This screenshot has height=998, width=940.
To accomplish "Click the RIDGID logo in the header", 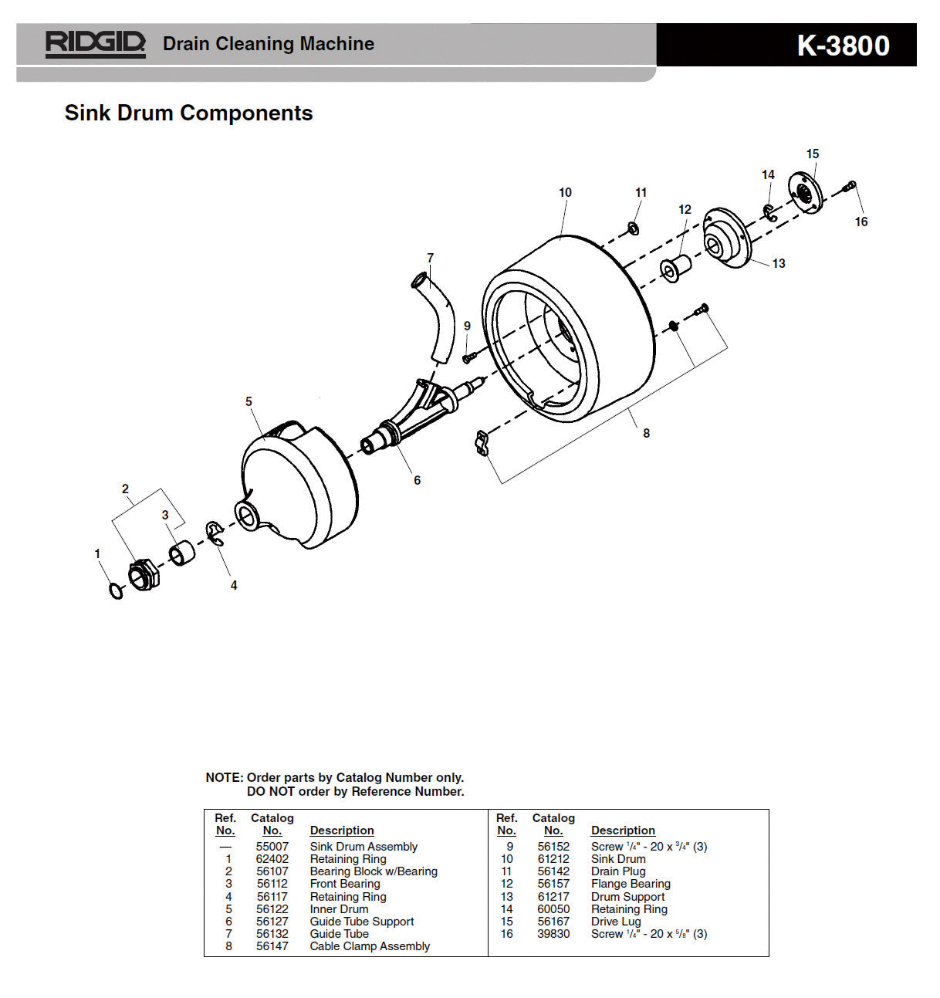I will click(x=95, y=44).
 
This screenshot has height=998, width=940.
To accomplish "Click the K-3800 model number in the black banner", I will click(x=843, y=46).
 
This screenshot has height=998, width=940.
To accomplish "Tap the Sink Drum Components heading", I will click(x=188, y=113).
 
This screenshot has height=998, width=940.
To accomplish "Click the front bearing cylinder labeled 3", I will click(x=182, y=553).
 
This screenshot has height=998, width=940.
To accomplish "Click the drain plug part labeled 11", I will click(x=632, y=228).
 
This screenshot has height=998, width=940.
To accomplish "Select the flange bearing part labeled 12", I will click(x=674, y=268).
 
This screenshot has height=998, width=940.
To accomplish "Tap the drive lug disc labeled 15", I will click(x=806, y=192).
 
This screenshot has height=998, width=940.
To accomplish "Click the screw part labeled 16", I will click(x=850, y=186).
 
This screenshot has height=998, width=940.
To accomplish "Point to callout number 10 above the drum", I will click(x=565, y=192).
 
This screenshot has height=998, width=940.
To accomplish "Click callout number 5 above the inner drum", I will click(x=249, y=401).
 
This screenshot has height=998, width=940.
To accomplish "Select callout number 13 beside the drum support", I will click(x=778, y=263).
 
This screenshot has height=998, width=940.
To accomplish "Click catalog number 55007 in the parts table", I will click(x=272, y=847).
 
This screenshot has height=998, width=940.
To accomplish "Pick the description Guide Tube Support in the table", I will click(x=361, y=922).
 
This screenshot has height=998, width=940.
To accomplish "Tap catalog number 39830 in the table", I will click(x=553, y=934).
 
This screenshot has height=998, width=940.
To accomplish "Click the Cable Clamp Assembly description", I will click(x=370, y=946).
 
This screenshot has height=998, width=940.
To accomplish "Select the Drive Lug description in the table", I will click(x=616, y=922).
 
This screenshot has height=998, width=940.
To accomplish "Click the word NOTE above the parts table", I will click(x=223, y=777).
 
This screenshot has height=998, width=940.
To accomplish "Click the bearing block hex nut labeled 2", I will click(x=144, y=575).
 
